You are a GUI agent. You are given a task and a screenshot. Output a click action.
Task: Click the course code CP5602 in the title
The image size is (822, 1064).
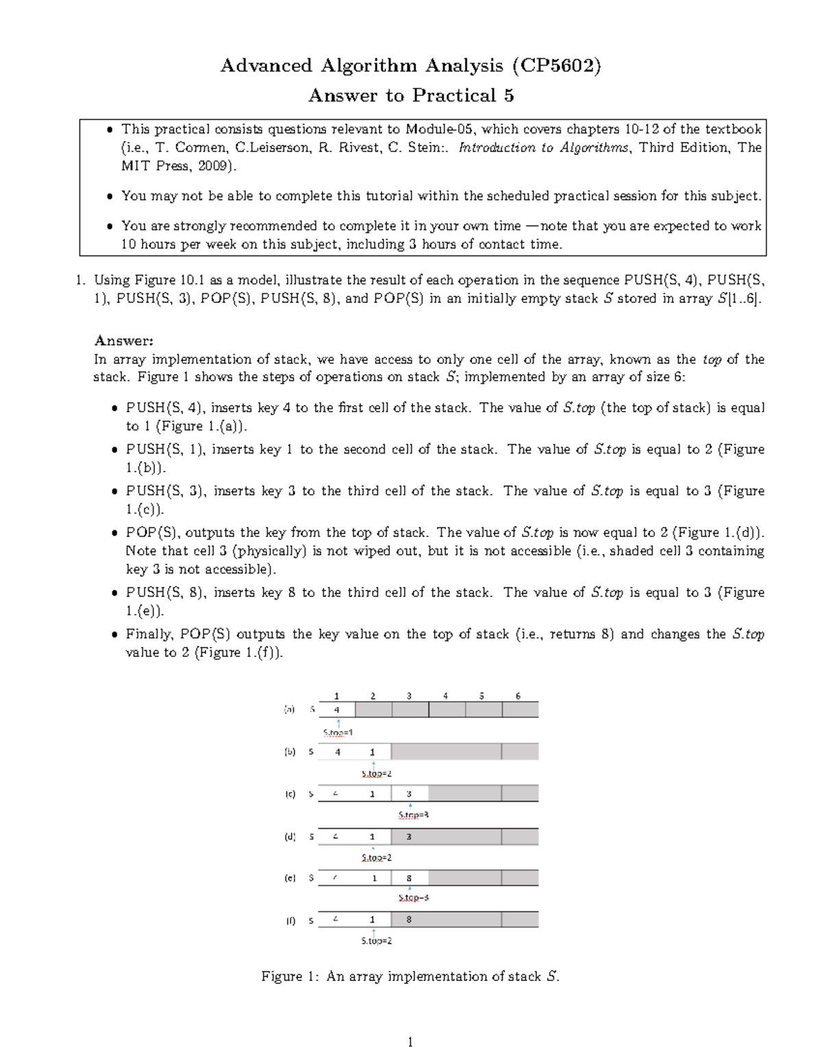556,66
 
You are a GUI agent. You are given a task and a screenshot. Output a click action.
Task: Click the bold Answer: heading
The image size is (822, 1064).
124,341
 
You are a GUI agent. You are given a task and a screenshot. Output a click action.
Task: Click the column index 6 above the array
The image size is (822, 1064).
518,696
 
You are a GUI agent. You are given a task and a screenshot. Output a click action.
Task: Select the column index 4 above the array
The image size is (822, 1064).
445,696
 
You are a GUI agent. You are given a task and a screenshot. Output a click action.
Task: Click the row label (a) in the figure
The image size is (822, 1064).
290,710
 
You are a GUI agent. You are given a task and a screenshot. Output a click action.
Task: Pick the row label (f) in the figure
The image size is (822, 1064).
290,921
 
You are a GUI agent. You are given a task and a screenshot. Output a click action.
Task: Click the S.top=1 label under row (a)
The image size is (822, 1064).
338,732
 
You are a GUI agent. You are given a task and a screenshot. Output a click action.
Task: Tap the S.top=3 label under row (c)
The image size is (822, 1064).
413,815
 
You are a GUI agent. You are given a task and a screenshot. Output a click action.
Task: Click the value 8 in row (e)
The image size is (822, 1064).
409,878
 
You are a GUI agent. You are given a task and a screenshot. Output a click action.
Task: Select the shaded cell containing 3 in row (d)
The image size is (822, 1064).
409,837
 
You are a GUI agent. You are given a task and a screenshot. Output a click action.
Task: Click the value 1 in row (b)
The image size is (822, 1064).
373,752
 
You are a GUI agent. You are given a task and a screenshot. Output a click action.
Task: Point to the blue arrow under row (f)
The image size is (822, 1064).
373,931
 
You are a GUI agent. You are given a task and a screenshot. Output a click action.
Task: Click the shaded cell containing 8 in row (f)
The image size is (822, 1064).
409,919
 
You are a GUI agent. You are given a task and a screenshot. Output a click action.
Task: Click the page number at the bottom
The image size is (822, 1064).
410,1043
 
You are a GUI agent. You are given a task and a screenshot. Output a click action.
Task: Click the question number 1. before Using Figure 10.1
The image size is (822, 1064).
80,280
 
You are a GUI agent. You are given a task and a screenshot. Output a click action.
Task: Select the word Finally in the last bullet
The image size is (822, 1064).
149,634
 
